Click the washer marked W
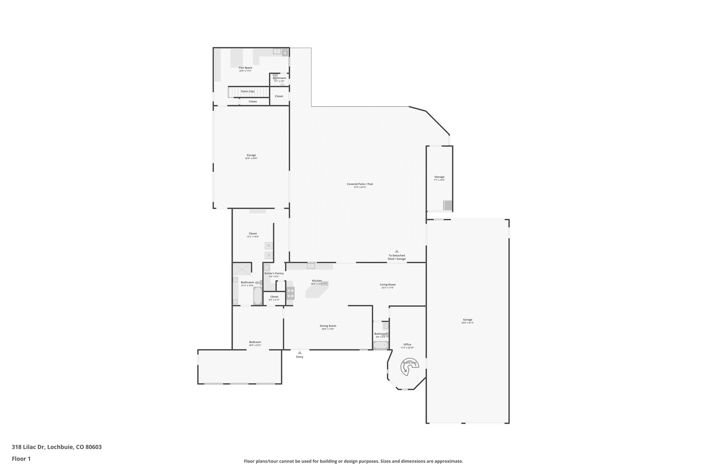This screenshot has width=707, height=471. click(269, 246)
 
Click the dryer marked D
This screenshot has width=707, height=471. click(269, 255)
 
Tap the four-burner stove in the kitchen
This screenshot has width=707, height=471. click(291, 293)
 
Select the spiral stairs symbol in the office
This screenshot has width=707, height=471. click(409, 367)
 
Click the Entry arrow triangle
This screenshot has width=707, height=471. click(300, 353)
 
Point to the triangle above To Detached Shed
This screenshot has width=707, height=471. click(397, 251)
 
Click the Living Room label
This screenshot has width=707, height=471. click(388, 285)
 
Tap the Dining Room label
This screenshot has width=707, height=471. click(328, 326)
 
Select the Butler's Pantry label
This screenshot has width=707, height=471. click(274, 273)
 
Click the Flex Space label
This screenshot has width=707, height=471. click(245, 68)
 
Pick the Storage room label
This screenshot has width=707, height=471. click(439, 177)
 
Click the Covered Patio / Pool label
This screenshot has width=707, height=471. click(360, 184)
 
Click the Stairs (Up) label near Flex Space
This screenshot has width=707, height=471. click(248, 91)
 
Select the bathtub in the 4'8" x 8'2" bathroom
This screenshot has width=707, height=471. click(380, 345)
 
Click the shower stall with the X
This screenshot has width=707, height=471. click(242, 269)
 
